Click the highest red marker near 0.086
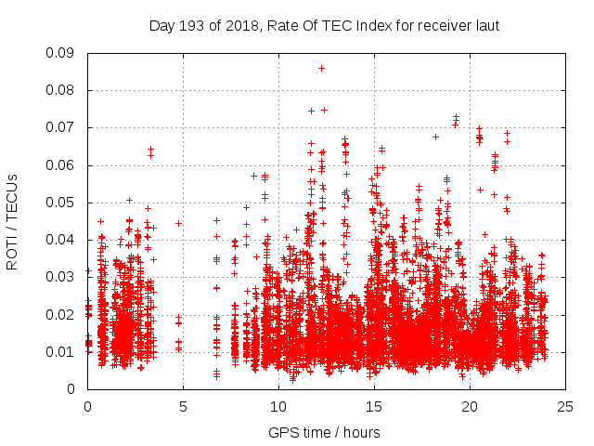tap(321, 68)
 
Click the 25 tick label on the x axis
tap(565, 407)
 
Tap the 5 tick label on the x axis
tap(183, 407)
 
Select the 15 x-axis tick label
tap(374, 407)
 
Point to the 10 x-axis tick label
tap(278, 407)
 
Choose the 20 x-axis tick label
tap(470, 407)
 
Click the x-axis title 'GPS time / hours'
tap(326, 431)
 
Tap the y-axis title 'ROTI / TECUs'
tap(13, 221)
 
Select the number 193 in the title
tap(192, 26)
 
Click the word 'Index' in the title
tap(372, 26)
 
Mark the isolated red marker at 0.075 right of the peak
tap(324, 110)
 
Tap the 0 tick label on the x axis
tap(87, 407)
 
